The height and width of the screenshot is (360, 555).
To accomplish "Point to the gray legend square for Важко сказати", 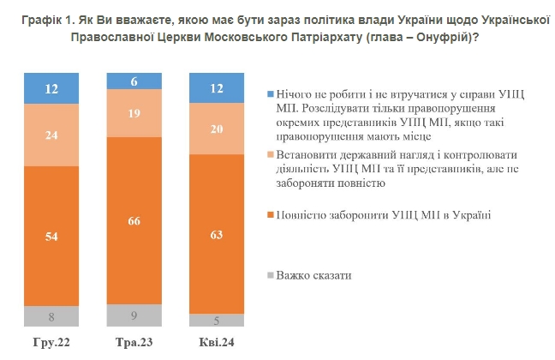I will click(x=271, y=275).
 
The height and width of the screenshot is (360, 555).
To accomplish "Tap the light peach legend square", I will click(x=271, y=155).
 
